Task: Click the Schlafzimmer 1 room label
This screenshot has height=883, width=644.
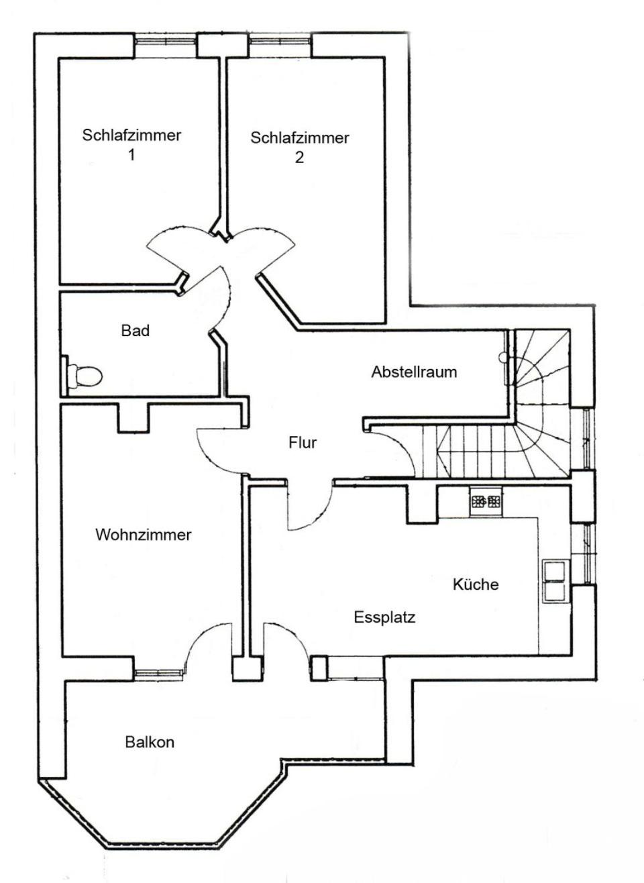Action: pos(131,145)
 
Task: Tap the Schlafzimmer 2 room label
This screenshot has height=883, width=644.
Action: pos(300,148)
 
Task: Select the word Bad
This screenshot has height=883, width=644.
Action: pos(136,330)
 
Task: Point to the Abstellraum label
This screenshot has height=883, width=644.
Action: pos(414,372)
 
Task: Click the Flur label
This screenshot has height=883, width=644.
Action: pos(303,443)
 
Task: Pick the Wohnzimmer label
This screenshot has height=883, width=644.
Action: pos(144,535)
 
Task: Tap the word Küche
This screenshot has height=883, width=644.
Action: pos(476,584)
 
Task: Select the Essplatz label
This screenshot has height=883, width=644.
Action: pos(384,617)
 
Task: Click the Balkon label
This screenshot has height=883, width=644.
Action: pos(150,742)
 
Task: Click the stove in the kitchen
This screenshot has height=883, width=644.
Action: pos(486,502)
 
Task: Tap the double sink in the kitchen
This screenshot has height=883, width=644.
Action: pos(555,582)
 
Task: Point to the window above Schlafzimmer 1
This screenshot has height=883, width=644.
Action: pos(164,40)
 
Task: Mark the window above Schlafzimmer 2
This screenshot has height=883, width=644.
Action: pos(280,40)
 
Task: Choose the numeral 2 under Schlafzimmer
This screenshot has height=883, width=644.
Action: pos(300,158)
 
